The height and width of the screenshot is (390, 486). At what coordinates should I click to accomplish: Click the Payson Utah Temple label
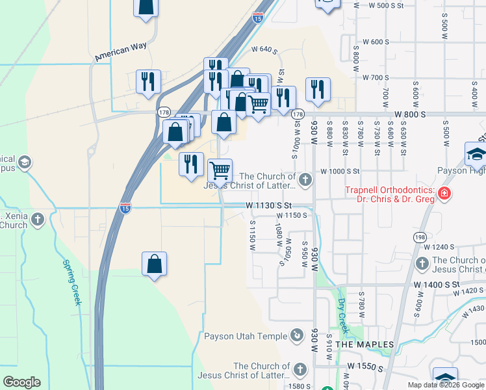coord(245,336)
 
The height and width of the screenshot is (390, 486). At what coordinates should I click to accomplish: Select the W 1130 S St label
coord(272,205)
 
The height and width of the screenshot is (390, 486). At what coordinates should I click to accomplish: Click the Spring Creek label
coord(71,282)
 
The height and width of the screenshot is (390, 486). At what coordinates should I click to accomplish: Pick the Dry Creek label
coord(342,312)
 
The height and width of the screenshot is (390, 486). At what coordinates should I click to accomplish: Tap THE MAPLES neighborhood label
coord(364,344)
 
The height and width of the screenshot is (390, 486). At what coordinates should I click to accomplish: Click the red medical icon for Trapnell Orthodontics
coord(444,193)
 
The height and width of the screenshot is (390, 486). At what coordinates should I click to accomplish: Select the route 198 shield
coord(419,237)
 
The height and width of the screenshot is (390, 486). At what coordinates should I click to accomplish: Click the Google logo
coord(21,382)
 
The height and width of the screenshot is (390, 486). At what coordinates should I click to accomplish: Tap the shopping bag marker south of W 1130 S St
coord(154,264)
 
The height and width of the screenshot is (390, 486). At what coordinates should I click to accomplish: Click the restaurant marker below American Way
coord(148,82)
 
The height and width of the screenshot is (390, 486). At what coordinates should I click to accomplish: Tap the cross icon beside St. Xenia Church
coord(38,219)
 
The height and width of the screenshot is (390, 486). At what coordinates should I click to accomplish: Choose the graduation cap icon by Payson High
coord(476,155)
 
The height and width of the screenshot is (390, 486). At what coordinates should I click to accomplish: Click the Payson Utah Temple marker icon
coord(297,335)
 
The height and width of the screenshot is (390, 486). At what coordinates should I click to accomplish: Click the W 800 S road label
coord(409,114)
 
